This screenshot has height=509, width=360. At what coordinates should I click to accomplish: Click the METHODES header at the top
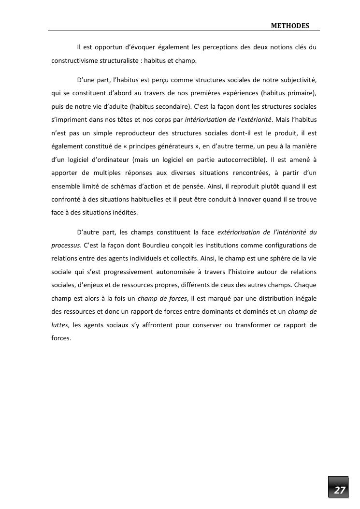pos(289,25)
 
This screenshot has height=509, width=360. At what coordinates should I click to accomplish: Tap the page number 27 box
pos(340,490)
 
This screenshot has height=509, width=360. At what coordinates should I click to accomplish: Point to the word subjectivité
pos(299,79)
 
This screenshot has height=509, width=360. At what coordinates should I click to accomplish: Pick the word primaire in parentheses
pos(301,92)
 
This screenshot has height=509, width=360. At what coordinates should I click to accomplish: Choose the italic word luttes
pos(60,325)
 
